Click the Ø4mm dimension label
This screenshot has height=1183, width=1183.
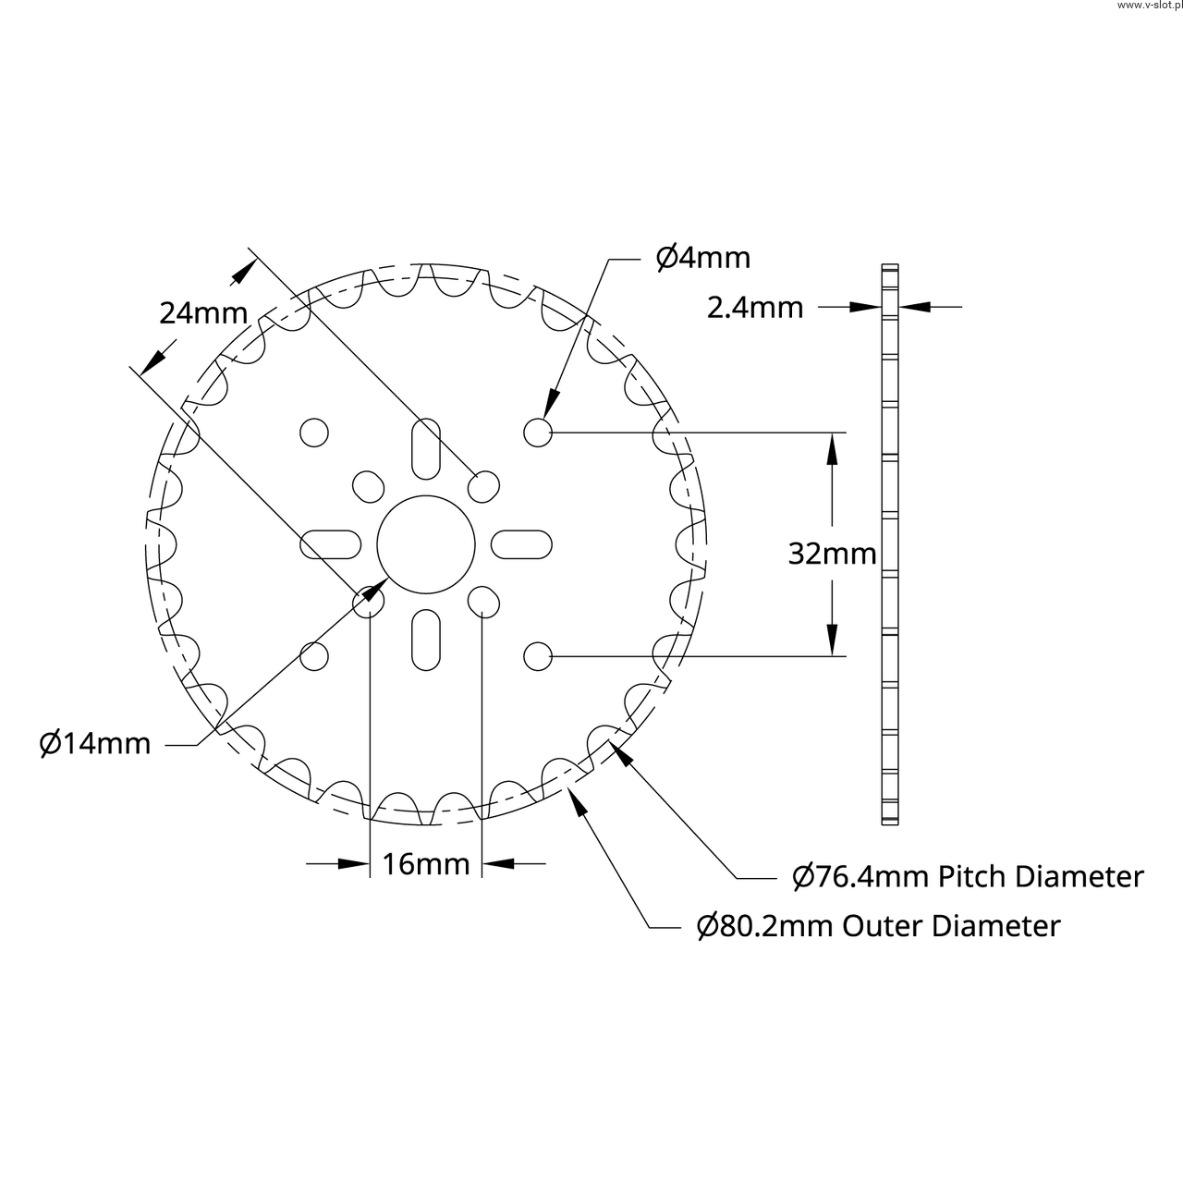pyautogui.click(x=703, y=258)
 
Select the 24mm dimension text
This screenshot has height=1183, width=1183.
pyautogui.click(x=203, y=313)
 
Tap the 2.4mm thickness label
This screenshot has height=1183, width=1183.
pyautogui.click(x=754, y=308)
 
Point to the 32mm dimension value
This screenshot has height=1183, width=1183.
pyautogui.click(x=832, y=554)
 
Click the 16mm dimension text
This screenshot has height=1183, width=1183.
pyautogui.click(x=425, y=864)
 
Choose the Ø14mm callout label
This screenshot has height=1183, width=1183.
pyautogui.click(x=94, y=743)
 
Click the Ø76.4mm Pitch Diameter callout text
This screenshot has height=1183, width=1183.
pyautogui.click(x=969, y=876)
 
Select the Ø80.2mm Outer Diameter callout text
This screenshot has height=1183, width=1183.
pyautogui.click(x=879, y=926)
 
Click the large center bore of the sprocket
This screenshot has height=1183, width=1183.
pyautogui.click(x=426, y=544)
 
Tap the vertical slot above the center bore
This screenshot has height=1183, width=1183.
pyautogui.click(x=426, y=449)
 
